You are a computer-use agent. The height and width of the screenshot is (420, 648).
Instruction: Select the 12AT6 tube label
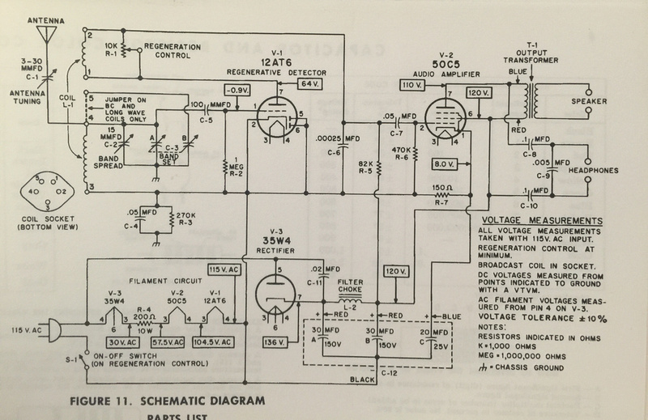pyautogui.click(x=278, y=61)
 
